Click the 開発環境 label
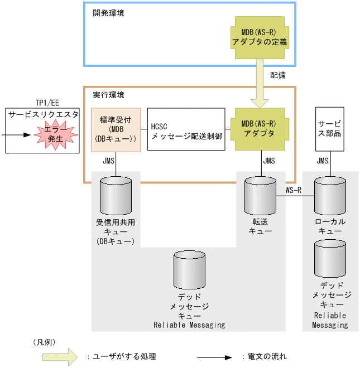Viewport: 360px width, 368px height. click(x=108, y=13)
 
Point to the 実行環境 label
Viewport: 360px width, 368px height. click(x=108, y=96)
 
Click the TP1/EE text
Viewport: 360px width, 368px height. click(x=43, y=103)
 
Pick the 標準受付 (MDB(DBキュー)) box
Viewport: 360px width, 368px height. click(x=114, y=129)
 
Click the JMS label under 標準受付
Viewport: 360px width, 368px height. click(x=110, y=161)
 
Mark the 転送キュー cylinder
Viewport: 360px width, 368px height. click(x=261, y=196)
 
